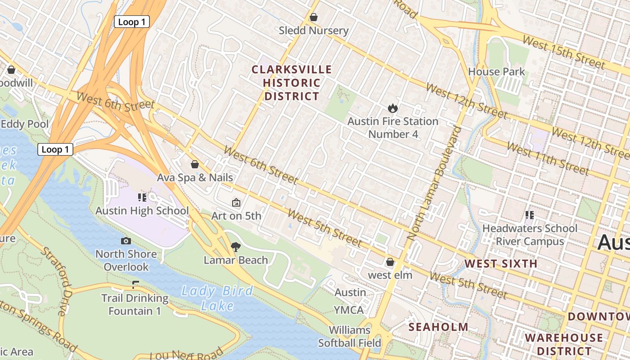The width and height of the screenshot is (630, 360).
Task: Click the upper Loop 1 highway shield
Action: [x=131, y=22]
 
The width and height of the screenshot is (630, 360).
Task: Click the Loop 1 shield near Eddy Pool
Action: [x=55, y=149]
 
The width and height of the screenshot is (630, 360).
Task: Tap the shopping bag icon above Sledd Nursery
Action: [x=314, y=17]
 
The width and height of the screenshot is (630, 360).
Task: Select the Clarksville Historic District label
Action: [x=292, y=83]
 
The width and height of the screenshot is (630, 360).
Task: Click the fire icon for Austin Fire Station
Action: [x=392, y=108]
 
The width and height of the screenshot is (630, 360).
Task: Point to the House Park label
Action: [x=496, y=72]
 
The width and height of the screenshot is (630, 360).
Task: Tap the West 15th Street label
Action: [x=563, y=52]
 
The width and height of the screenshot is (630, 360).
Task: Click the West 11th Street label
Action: [x=547, y=158]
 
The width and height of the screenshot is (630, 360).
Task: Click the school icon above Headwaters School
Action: [x=529, y=215]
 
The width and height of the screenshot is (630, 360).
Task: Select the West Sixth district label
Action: [x=500, y=264]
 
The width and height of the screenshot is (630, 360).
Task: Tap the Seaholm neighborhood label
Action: [x=438, y=327]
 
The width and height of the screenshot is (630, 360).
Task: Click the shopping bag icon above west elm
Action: [x=390, y=262]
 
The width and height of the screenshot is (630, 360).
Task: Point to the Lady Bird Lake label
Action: [x=217, y=298]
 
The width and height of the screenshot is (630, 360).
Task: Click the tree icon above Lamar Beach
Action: [x=235, y=247]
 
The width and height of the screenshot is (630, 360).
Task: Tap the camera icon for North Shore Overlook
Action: [x=126, y=241]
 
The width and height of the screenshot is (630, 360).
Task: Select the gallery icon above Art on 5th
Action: [x=236, y=202]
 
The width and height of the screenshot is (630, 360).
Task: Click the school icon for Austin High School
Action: [x=142, y=197]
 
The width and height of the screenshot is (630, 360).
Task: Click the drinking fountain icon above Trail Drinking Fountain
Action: [x=135, y=284]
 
